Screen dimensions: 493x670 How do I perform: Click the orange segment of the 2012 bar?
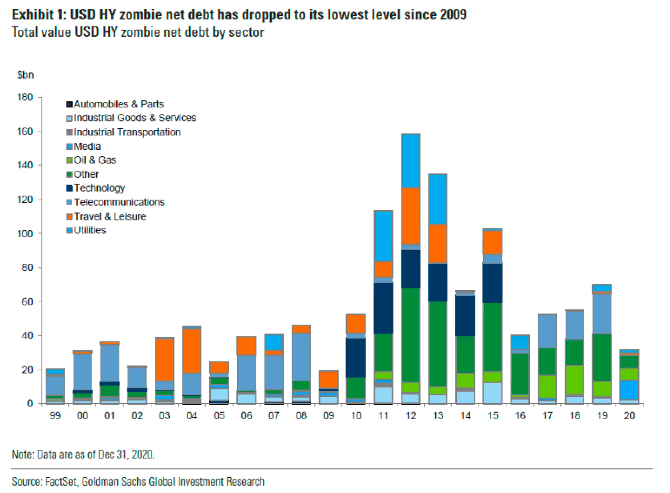411,216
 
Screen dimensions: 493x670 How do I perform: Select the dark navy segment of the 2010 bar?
356,358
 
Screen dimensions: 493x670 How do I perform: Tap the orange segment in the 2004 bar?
192,351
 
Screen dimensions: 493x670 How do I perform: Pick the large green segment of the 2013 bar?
438,344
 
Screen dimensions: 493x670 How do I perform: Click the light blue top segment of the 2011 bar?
383,236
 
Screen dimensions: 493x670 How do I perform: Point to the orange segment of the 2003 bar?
164,360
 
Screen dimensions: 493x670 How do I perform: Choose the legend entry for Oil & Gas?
95,160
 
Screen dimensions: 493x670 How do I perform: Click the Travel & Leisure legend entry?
109,216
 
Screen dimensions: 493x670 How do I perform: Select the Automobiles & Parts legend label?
118,104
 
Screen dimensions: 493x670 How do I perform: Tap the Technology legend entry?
99,188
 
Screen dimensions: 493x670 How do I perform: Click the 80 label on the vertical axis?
27,267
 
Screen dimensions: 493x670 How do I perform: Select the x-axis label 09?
329,416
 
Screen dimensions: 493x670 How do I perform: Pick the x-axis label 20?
629,416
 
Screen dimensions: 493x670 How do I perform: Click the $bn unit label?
25,75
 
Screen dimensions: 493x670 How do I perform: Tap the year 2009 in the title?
453,15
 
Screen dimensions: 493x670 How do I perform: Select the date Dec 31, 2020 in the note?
126,454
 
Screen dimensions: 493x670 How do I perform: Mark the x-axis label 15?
492,416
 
